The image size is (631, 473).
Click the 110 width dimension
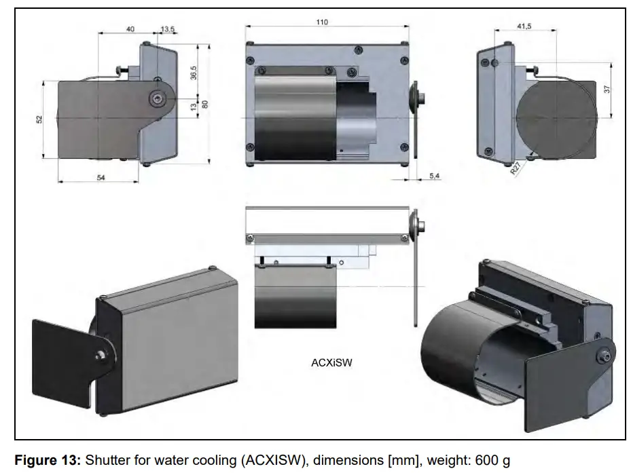pyautogui.click(x=322, y=22)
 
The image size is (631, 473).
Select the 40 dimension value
pyautogui.click(x=130, y=29)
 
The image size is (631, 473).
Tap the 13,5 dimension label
pyautogui.click(x=167, y=29)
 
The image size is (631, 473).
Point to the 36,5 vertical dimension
pyautogui.click(x=194, y=73)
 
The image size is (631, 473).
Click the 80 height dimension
pyautogui.click(x=204, y=104)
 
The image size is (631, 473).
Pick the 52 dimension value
pyautogui.click(x=39, y=119)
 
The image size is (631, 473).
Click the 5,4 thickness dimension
pyautogui.click(x=435, y=176)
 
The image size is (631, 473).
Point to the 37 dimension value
pyautogui.click(x=607, y=89)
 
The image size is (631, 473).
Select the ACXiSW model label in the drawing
pyautogui.click(x=331, y=363)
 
